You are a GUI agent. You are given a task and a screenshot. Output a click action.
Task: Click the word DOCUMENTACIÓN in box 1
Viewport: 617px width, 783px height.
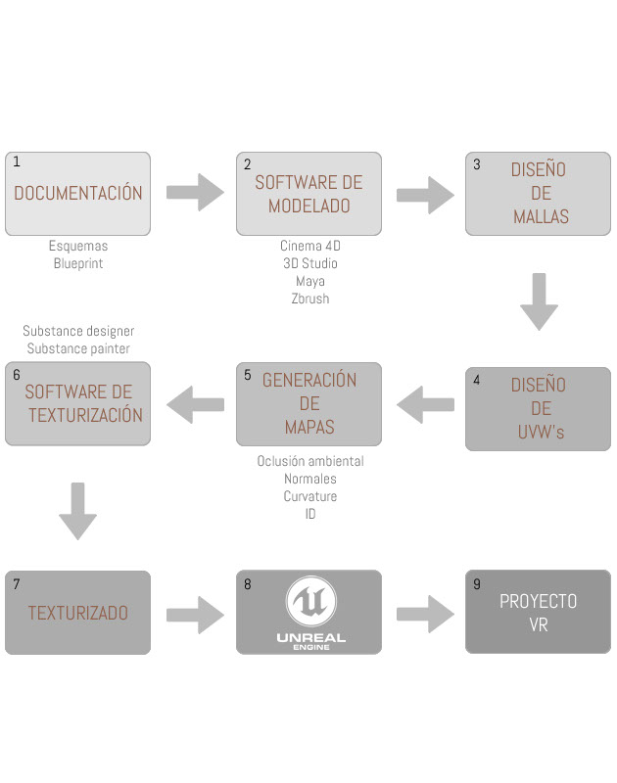77,193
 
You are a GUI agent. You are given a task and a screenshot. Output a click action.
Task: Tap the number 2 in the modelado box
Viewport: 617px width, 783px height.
247,164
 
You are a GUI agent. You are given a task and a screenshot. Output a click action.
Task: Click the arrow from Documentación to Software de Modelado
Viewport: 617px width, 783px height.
195,192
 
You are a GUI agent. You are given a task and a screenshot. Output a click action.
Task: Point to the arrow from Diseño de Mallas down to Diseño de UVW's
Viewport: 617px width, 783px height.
539,301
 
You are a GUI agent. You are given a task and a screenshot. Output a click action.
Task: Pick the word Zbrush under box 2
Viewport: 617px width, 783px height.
309,299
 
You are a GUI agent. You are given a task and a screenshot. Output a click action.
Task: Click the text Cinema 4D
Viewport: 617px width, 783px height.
309,246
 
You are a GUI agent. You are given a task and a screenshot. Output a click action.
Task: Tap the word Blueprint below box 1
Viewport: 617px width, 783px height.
78,263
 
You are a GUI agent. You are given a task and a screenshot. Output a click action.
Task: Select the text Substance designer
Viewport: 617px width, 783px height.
78,331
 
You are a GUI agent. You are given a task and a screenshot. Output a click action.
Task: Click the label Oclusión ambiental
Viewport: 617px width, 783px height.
309,461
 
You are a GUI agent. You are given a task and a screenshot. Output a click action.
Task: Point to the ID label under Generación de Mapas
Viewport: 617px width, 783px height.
309,514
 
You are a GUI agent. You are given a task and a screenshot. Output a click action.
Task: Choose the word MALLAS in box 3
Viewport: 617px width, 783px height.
541,216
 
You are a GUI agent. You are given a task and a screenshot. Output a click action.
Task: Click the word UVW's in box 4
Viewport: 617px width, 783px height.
541,432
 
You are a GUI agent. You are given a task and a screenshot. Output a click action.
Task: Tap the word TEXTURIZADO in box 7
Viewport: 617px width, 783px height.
77,614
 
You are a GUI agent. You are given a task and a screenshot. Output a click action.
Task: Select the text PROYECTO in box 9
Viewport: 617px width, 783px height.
538,601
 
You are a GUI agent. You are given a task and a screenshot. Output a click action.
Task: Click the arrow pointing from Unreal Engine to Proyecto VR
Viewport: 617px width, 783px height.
425,614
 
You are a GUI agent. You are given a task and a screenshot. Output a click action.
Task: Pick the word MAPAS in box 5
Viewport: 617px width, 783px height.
309,427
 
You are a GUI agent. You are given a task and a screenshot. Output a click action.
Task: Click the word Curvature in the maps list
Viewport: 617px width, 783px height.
309,496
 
